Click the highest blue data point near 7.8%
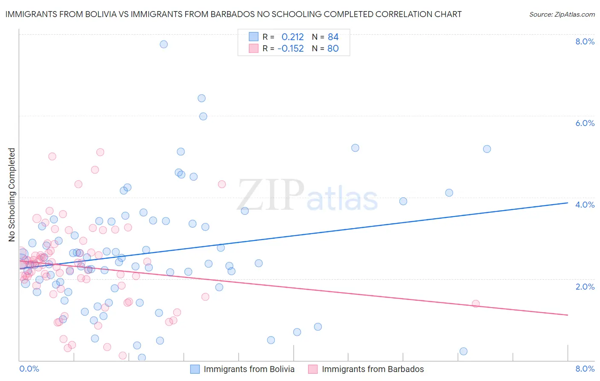tap(163, 44)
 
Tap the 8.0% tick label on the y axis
tap(585, 41)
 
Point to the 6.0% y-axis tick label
tap(585, 123)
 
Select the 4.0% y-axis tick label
tap(585, 205)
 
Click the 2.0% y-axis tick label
tap(585, 287)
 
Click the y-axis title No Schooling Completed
tap(12, 195)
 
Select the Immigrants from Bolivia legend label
tap(249, 369)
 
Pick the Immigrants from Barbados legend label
tap(373, 369)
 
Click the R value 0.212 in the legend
tap(292, 37)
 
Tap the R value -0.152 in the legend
tap(291, 49)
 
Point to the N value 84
tap(333, 37)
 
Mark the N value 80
tap(333, 49)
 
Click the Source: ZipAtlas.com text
tap(562, 15)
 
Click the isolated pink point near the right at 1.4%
tap(476, 304)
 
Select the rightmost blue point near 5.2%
tap(487, 149)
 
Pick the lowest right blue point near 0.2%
tap(463, 351)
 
